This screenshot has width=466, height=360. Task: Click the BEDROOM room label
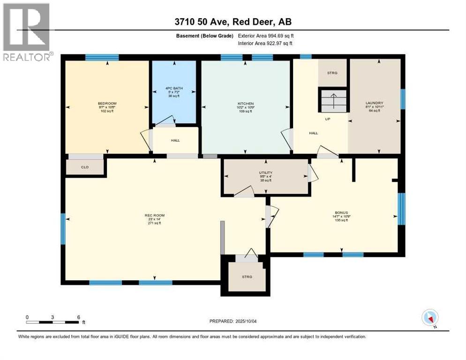pos(107,103)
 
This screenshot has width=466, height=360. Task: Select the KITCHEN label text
pos(245,103)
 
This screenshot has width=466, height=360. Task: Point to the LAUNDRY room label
pos(375,103)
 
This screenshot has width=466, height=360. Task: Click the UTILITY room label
pos(265,173)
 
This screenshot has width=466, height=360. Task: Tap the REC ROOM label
pos(154,216)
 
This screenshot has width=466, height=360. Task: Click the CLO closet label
pos(85,167)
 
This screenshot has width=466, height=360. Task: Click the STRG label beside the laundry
pos(332,73)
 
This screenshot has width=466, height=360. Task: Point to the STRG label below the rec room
pos(247,277)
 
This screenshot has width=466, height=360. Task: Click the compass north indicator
pos(430,318)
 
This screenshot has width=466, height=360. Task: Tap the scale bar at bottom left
pos(53,322)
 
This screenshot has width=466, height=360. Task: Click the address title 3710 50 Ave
pos(233,22)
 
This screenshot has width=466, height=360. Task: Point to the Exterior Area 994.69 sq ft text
pos(266,36)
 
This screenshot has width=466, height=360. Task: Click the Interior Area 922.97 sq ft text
pos(266,43)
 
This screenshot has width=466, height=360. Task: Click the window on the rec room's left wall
pos(63,229)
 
